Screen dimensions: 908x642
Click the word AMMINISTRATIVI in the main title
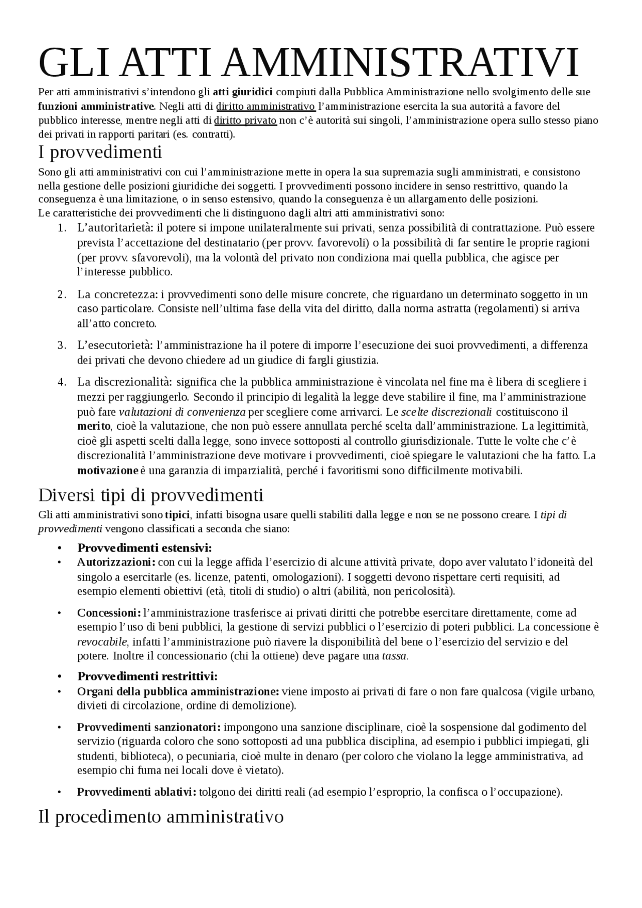[x=399, y=63]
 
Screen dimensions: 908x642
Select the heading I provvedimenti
[x=100, y=151]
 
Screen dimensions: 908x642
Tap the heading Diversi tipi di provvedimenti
[x=150, y=495]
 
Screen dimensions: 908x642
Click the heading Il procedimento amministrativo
[x=161, y=816]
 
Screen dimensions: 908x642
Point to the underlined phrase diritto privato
[x=245, y=120]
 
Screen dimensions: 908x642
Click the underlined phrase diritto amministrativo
[x=265, y=106]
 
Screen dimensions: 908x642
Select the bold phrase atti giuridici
[x=242, y=92]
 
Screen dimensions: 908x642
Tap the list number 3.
[x=61, y=345]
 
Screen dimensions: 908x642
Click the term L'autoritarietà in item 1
[x=115, y=228]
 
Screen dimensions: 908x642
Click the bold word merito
[x=93, y=426]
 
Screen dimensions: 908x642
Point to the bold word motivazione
[x=107, y=470]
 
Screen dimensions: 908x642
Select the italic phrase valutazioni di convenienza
[x=182, y=412]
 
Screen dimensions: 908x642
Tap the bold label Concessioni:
[x=108, y=613]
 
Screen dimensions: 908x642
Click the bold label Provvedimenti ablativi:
[x=136, y=792]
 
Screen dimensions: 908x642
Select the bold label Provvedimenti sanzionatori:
[x=148, y=727]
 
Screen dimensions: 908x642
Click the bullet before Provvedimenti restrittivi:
[x=59, y=677]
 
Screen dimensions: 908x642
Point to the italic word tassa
[x=395, y=656]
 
